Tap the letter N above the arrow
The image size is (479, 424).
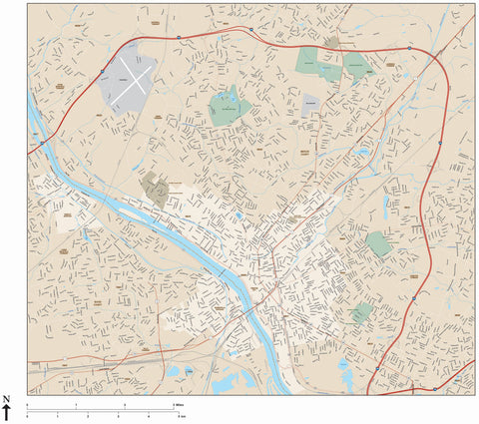point(7,399)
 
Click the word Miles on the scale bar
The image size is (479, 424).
point(180,404)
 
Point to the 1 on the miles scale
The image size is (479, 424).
point(75,404)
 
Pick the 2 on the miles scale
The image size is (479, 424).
point(125,404)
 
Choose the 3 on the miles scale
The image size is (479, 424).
point(174,404)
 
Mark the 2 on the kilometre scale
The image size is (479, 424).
point(88,414)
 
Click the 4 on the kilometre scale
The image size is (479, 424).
point(148,414)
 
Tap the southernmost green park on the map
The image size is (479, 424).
point(362,313)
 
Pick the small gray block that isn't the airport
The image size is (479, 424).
point(310,102)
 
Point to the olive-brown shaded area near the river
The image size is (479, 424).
point(155,189)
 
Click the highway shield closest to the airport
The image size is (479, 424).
point(103,70)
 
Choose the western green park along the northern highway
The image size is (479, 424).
point(318,62)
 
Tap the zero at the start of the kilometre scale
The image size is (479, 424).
point(27,414)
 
